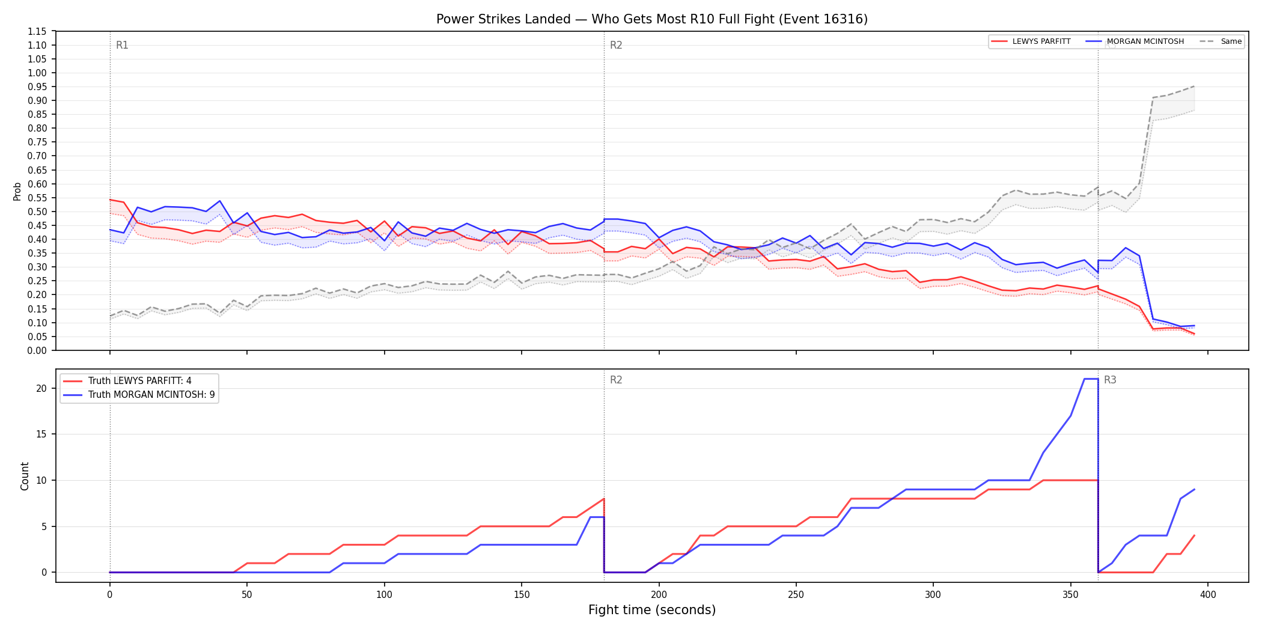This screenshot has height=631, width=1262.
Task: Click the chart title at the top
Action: [652, 19]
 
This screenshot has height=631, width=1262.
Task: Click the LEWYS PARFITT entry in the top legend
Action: [1031, 41]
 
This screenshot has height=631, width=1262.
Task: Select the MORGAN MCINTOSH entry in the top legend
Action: [1135, 41]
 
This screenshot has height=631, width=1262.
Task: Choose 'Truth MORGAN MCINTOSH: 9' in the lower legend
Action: [139, 395]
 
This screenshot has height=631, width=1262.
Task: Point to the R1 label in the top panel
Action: [122, 45]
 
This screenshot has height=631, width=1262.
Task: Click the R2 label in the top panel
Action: [616, 45]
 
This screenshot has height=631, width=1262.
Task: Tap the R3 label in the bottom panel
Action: [1110, 380]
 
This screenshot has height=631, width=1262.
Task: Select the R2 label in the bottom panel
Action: [616, 380]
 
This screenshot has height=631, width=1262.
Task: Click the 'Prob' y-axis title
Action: [17, 191]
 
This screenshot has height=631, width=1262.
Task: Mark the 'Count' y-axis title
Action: [25, 476]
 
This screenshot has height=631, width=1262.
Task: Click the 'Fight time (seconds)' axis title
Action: [652, 610]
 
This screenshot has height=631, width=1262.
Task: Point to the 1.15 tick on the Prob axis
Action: [37, 31]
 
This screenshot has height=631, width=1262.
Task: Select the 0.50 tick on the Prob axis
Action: [37, 212]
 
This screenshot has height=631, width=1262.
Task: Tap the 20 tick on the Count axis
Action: [41, 388]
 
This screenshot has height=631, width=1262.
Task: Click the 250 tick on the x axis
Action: [796, 595]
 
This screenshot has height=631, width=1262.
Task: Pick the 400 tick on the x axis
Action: [1208, 595]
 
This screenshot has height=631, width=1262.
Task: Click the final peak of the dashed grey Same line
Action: [1194, 86]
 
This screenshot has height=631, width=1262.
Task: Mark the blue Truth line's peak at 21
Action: [1091, 379]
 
